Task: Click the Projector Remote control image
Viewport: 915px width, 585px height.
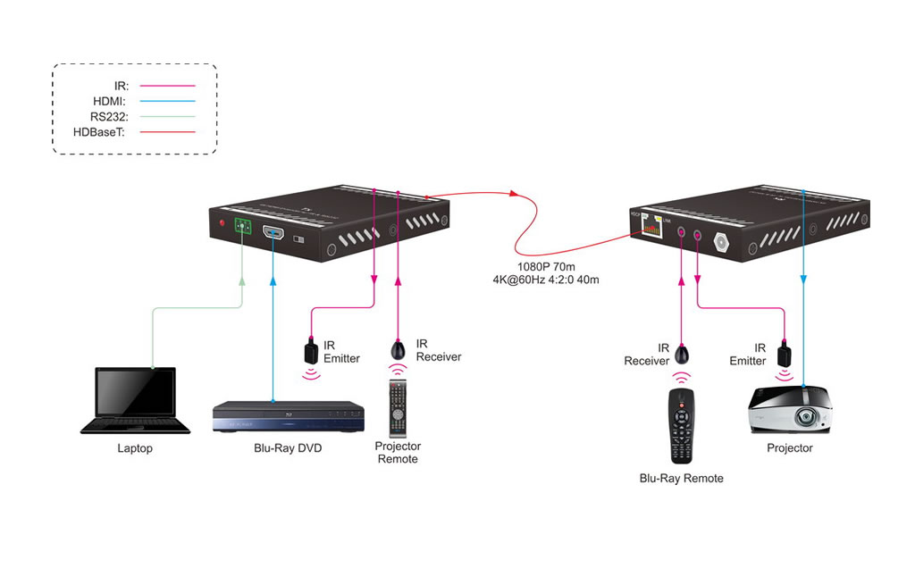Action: pos(398,406)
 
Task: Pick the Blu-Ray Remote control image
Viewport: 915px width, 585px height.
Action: pos(681,425)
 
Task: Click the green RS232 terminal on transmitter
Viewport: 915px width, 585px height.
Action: pos(242,226)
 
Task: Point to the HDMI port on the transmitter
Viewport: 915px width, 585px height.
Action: pos(273,235)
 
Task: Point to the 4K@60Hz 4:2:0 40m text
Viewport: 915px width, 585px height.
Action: pos(547,280)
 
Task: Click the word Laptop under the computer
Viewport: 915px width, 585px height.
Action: pos(135,448)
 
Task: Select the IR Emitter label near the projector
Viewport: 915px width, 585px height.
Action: pos(748,355)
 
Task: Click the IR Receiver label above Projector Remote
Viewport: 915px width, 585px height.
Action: pos(439,350)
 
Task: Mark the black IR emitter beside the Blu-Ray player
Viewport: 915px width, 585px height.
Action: pos(310,347)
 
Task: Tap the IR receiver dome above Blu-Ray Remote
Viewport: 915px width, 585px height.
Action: pos(682,353)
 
